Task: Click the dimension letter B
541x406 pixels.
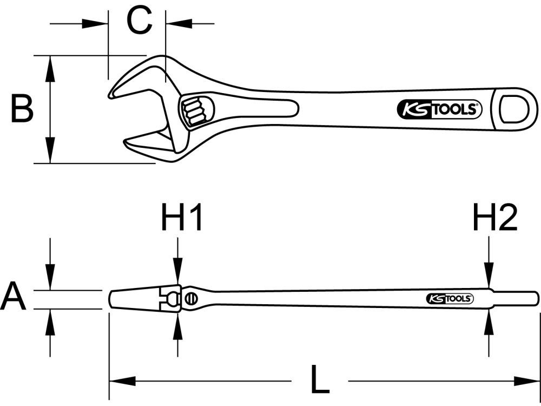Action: [22, 108]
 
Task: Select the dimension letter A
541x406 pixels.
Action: [14, 298]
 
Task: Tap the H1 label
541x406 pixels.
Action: [182, 218]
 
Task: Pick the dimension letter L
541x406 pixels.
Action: [320, 381]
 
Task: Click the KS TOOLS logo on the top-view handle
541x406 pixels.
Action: [439, 110]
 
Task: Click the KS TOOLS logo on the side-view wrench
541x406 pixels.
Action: [450, 299]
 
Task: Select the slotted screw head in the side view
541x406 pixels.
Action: [190, 298]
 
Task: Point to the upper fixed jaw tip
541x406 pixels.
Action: [112, 94]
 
